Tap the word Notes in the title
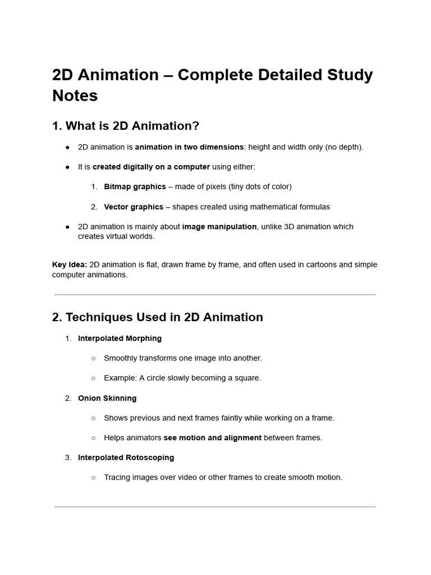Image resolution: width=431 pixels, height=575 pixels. pos(75,95)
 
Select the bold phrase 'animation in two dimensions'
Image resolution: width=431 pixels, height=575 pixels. pos(189,147)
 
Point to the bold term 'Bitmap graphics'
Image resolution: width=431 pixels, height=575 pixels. pos(135,186)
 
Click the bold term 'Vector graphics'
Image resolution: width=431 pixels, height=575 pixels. pos(134,207)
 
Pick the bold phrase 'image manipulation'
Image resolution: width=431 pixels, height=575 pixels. pos(219,227)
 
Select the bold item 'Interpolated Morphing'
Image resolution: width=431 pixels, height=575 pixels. pos(120,339)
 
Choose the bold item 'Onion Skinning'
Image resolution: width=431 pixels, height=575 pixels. pos(107,398)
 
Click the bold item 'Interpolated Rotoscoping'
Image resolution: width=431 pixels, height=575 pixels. pos(126,458)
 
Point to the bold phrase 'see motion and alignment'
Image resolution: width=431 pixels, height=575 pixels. pos(212,438)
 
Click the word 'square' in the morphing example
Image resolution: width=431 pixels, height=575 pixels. pos(247,378)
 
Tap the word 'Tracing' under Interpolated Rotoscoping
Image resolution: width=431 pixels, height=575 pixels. pos(117,478)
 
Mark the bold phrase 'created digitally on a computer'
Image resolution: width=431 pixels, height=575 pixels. pos(151,167)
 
